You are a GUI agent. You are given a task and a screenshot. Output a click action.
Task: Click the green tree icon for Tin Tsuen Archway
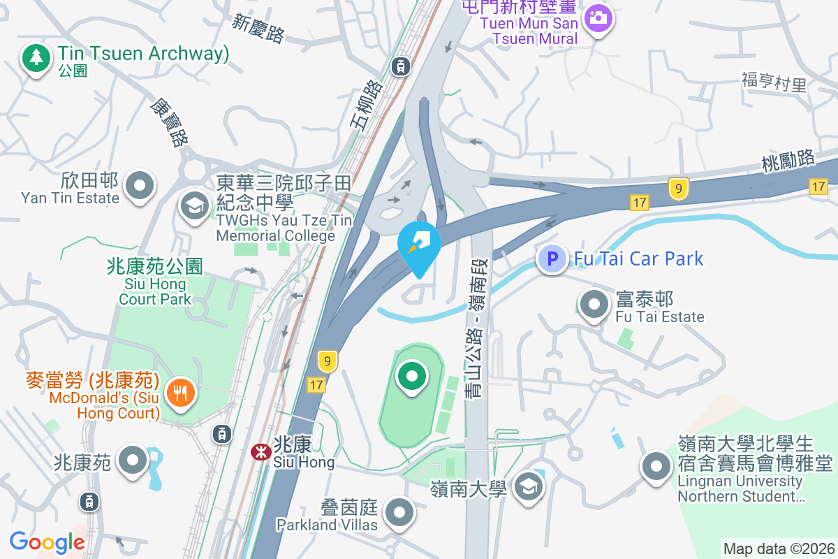pos(35,57)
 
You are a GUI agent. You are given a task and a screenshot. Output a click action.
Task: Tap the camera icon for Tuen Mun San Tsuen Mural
pos(598,17)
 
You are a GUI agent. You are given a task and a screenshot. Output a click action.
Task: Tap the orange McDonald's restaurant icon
pos(181,392)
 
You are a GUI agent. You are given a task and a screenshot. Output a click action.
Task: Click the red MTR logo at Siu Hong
pos(261,452)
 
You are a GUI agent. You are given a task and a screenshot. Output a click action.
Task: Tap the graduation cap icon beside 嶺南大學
pos(529,486)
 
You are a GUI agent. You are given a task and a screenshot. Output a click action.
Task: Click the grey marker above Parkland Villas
pos(399,512)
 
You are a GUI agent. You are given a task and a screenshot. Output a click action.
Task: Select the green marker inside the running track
pos(412,377)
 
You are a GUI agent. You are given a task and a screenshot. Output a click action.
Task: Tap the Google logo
pos(47,542)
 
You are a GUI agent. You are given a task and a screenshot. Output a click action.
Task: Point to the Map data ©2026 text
pos(779,549)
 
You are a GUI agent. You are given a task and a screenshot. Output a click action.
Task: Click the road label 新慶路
pos(258,29)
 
